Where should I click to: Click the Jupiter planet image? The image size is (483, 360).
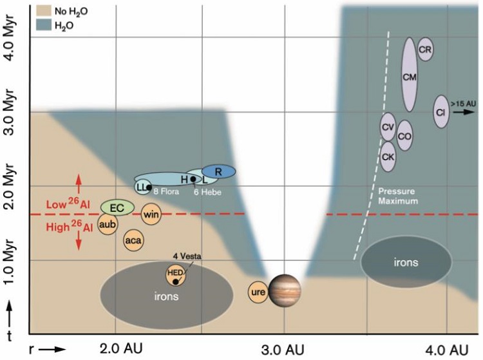[x=285, y=290]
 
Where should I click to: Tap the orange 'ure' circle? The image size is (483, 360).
[x=258, y=292]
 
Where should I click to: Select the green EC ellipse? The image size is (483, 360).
[x=117, y=207]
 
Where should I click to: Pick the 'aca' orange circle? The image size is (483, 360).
[x=133, y=240]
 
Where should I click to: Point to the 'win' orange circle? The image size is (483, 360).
[x=151, y=214]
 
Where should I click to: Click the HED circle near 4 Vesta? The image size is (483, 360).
[x=175, y=275]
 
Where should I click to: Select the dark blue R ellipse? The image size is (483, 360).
[x=218, y=171]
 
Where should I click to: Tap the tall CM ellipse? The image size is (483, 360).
[x=408, y=75]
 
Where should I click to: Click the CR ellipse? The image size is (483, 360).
[x=424, y=49]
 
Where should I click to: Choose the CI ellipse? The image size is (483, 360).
[x=441, y=111]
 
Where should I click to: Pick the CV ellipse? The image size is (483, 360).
[x=388, y=128]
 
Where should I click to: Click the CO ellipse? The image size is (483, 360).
[x=404, y=136]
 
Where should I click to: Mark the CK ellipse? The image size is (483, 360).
[x=388, y=156]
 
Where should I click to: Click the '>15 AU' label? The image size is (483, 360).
[x=463, y=103]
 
